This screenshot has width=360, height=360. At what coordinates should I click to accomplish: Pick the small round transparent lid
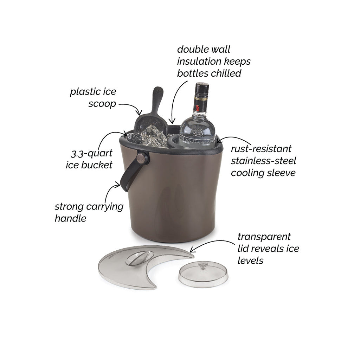pyautogui.click(x=203, y=274)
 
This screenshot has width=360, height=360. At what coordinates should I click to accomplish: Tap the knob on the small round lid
pyautogui.click(x=203, y=266)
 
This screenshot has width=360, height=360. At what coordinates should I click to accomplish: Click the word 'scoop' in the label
pyautogui.click(x=102, y=104)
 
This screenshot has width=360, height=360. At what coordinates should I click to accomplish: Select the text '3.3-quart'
pyautogui.click(x=92, y=153)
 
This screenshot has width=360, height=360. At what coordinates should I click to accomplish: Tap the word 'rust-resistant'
pyautogui.click(x=261, y=149)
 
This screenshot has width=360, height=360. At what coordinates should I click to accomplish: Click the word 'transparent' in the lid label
pyautogui.click(x=264, y=237)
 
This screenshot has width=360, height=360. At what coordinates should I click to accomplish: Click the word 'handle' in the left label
pyautogui.click(x=70, y=218)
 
